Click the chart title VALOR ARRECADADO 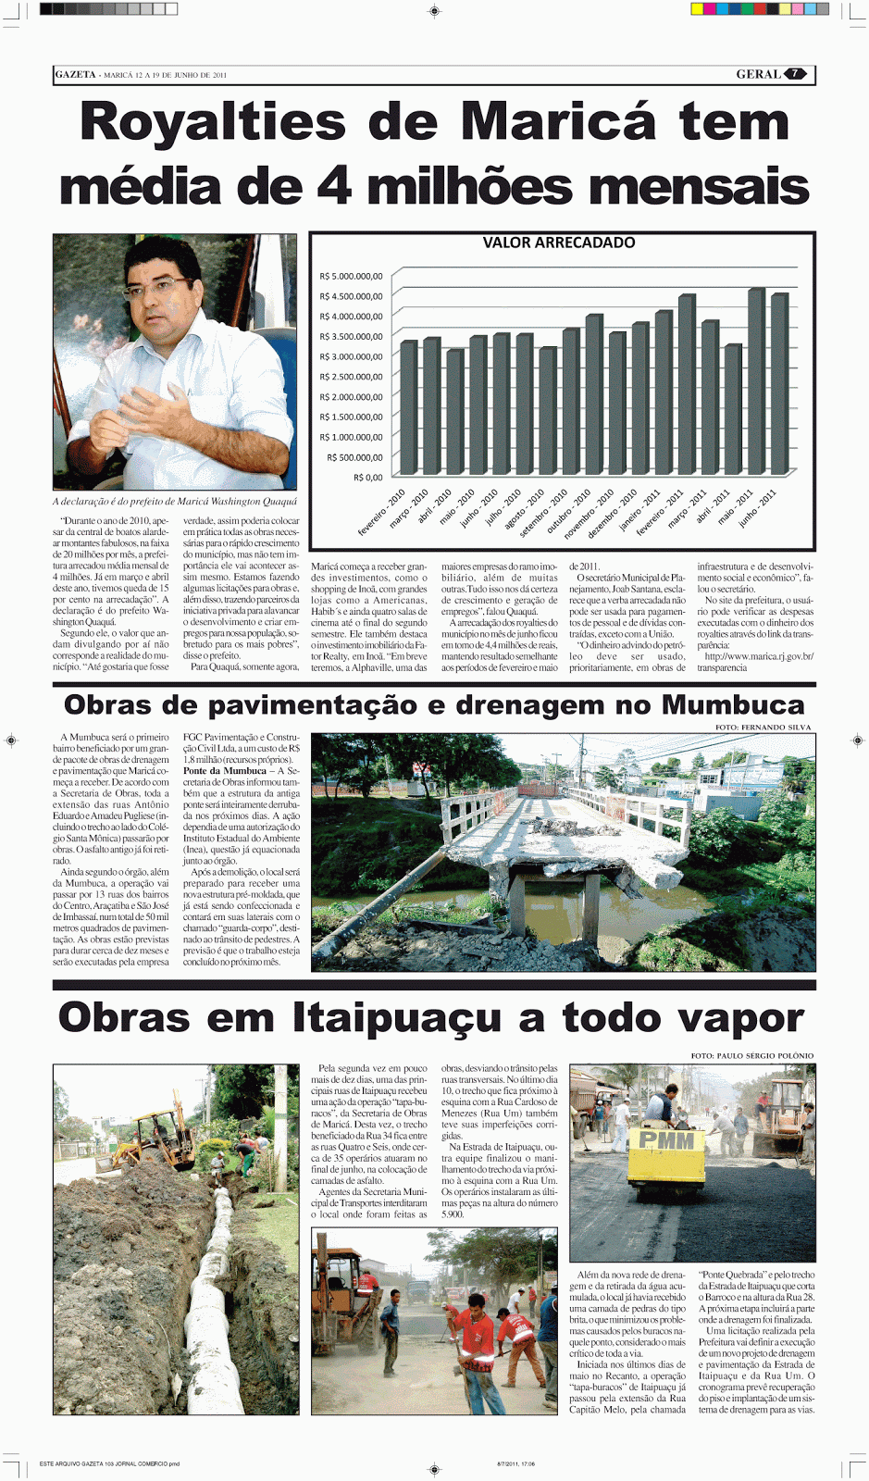click(x=559, y=243)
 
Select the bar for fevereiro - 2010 click(x=409, y=407)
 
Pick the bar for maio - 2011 click(x=756, y=381)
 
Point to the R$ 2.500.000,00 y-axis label click(x=351, y=377)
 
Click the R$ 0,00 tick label click(x=367, y=478)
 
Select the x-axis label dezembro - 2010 click(x=614, y=513)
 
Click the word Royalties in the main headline click(x=212, y=123)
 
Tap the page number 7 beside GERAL click(x=795, y=74)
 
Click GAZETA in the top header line click(x=75, y=74)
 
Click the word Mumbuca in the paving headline click(x=732, y=705)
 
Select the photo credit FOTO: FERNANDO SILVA click(x=763, y=728)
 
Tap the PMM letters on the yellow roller click(x=666, y=1139)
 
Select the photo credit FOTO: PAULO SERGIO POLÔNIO click(x=751, y=1055)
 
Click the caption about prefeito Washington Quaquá click(x=175, y=502)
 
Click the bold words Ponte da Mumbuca click(x=224, y=770)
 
